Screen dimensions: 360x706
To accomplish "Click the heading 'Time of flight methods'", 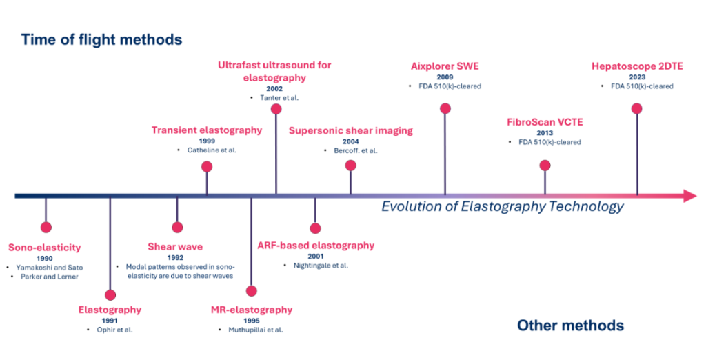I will (101, 39).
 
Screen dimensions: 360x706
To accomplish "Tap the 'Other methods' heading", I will (570, 326).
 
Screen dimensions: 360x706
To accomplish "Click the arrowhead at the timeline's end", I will (688, 196).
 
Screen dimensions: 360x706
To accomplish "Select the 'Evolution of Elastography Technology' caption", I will (503, 206).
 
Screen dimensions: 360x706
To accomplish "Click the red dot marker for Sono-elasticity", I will (46, 227).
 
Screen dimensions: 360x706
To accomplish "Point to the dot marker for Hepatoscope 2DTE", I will (636, 108).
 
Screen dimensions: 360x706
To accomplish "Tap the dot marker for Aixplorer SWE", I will (445, 108).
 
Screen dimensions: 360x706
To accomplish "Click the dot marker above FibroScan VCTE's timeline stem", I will (545, 165).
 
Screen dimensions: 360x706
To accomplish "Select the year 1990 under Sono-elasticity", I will (45, 258).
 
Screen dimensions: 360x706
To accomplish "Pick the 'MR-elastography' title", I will (251, 310).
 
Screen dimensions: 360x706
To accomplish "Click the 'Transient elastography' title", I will (207, 130).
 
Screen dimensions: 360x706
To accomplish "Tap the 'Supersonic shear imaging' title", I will (350, 130).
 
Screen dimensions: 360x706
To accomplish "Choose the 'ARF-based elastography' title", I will (316, 245).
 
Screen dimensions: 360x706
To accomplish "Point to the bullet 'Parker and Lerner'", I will (48, 277).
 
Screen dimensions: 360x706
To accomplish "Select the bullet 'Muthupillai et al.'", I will (255, 330).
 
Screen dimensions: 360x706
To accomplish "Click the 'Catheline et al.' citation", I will (210, 150).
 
